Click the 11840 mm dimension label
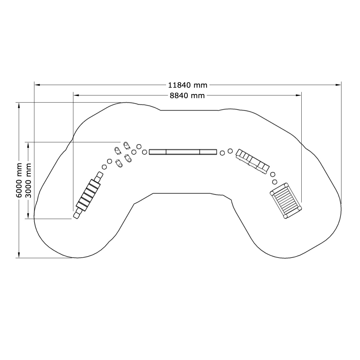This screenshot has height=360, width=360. [188, 85]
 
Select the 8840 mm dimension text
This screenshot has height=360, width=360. [187, 96]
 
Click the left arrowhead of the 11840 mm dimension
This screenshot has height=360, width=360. [37, 85]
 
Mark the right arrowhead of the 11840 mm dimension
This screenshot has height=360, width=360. [338, 85]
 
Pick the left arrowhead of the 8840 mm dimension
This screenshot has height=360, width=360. [76, 95]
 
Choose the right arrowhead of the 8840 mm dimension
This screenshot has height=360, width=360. [298, 95]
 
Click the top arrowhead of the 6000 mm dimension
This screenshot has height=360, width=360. [19, 105]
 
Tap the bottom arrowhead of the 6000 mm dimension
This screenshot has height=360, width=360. [19, 255]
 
